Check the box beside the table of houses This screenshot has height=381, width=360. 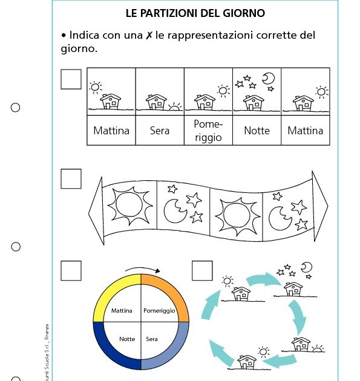click(x=71, y=79)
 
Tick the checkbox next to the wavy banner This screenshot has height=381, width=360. click(x=71, y=178)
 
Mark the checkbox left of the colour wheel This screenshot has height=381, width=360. click(x=71, y=270)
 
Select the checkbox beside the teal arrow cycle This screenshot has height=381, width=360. click(x=202, y=270)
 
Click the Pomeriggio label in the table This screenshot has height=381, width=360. click(x=208, y=131)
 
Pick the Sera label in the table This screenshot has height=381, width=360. click(x=160, y=131)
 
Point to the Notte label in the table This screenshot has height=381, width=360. click(x=257, y=131)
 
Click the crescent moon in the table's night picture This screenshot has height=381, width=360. click(x=268, y=79)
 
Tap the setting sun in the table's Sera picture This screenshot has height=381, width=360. click(x=174, y=107)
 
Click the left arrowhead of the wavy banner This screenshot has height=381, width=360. click(x=96, y=210)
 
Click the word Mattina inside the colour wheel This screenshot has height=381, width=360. click(x=122, y=311)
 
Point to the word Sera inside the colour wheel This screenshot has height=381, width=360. click(x=152, y=339)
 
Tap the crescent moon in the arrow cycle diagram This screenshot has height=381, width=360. click(x=307, y=267)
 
